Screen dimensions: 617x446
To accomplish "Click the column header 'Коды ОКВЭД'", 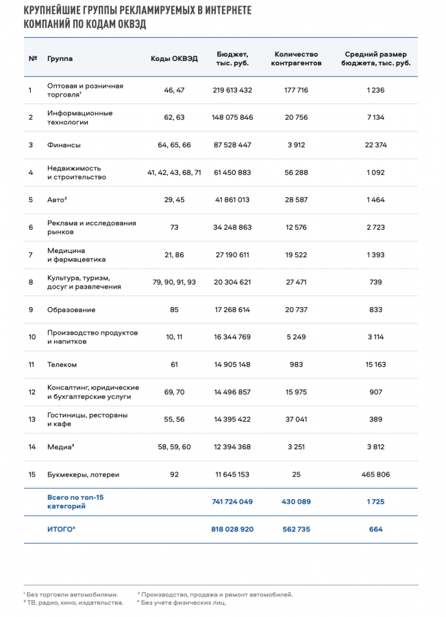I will point(174,59).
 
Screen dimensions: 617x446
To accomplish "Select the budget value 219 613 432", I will point(232,90).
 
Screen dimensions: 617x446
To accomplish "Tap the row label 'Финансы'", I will point(64,145).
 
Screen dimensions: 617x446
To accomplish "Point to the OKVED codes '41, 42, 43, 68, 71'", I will point(174,172).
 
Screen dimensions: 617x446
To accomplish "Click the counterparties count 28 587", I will point(296,199).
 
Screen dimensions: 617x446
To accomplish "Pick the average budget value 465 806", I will point(375,474).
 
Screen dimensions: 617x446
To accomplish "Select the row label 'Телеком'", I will point(62,364).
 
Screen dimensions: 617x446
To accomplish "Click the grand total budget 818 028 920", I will point(232,529).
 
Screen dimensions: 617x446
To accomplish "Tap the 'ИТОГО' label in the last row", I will point(60,529).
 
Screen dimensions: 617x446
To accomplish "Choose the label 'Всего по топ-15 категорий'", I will point(75,501).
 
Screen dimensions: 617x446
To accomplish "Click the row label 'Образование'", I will point(71,309).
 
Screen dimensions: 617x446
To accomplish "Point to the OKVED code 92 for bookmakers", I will point(174,474).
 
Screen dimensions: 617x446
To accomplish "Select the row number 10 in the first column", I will point(32,337).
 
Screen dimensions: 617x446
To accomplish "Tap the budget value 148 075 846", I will point(232,117).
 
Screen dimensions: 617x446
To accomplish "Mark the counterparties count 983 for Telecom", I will point(296,364).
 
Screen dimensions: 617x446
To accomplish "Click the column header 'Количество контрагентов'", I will point(296,59).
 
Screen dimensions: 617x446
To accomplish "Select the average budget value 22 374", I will point(375,145).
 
